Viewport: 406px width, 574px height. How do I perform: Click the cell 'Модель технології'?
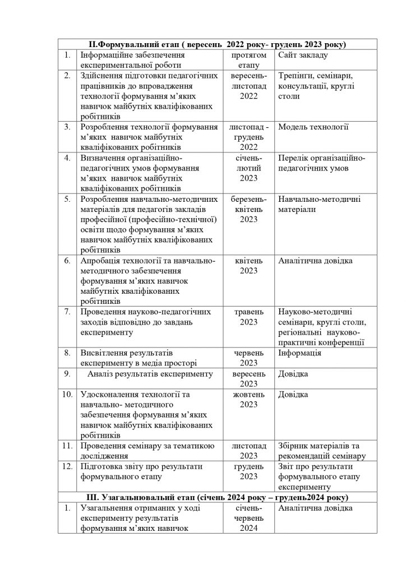313,127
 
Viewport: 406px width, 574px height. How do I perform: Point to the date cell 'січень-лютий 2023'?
248,168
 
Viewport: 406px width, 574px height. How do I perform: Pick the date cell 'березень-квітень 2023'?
248,209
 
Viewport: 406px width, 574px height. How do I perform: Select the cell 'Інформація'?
300,353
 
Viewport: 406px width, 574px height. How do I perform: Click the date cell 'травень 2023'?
248,317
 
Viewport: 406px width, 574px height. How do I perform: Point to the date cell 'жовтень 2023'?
248,400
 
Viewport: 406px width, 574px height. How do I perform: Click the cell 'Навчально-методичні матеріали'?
319,204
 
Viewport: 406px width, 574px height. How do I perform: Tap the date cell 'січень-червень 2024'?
248,518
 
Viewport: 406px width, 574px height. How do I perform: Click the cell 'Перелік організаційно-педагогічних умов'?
321,163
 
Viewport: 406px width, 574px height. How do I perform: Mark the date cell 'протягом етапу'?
248,61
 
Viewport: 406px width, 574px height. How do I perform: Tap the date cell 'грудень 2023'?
248,471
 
